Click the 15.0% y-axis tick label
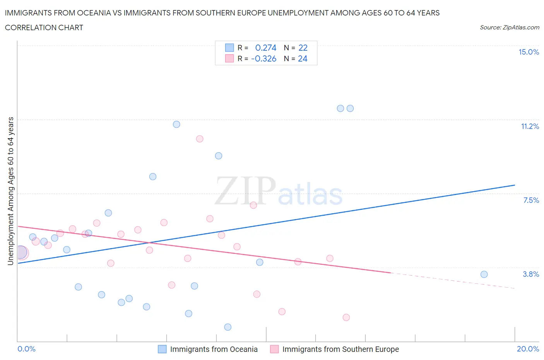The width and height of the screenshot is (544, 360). coord(529,52)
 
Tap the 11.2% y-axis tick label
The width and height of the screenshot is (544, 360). coord(530,127)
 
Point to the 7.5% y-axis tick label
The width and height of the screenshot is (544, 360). coord(531,201)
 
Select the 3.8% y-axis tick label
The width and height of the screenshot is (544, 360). coord(531,274)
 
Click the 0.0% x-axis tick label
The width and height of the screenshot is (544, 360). coord(26,349)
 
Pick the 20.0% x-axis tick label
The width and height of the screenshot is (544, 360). coord(528,349)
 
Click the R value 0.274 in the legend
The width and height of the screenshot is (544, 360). coord(266,48)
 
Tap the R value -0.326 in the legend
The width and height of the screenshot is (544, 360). coord(264,59)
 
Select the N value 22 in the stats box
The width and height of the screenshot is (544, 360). coord(303,48)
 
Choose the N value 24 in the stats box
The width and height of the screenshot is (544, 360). coord(303,59)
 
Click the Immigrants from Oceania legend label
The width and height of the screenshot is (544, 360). coord(214,350)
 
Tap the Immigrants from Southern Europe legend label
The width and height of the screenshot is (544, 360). coord(340,350)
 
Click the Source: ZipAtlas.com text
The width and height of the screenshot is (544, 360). coord(509,27)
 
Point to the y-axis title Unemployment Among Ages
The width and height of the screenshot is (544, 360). coord(11,191)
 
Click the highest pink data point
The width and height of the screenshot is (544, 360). coord(200,139)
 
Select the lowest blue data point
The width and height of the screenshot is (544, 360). coord(228,327)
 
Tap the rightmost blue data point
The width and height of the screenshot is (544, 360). coord(484,274)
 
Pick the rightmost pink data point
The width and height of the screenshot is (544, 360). coord(346,317)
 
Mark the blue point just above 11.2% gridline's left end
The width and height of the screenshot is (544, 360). coord(176,124)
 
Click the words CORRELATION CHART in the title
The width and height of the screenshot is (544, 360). coord(44,28)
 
